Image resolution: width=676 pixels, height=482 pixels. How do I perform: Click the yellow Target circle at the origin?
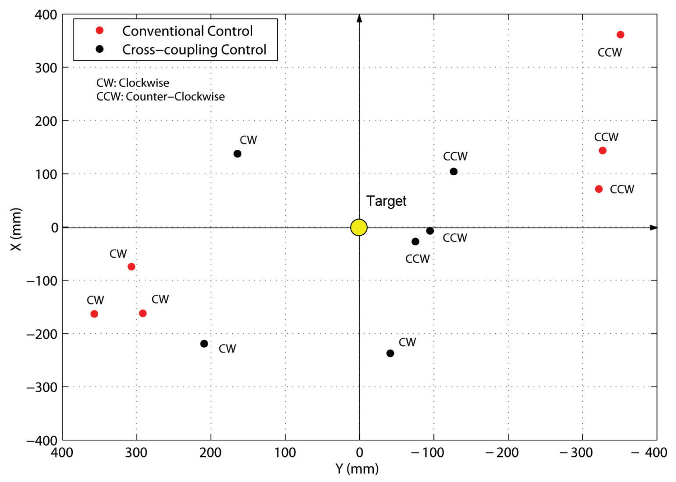coord(359,227)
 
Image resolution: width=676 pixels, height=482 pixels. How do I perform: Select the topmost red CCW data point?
coord(620,35)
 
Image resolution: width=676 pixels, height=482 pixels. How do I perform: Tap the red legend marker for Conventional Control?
coord(100,30)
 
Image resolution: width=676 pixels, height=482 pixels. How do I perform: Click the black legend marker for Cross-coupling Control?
coord(100,49)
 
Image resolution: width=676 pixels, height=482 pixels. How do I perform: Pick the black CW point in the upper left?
coord(237,154)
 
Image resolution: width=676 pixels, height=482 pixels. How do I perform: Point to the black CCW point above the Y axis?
coord(453,171)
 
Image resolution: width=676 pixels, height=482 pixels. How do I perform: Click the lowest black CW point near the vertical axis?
coord(390,353)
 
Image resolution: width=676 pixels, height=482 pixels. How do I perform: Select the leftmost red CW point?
coord(94,314)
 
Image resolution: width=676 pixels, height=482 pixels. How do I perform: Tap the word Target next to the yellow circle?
coord(386,201)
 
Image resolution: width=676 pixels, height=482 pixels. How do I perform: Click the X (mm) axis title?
coord(16,229)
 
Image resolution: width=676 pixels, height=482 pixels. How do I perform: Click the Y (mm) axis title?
coord(357,469)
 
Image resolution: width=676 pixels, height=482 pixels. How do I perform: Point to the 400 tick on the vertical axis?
coord(46,15)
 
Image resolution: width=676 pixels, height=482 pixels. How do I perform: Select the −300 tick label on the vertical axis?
coord(42,387)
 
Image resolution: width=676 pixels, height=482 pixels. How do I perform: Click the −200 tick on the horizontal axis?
coord(502,452)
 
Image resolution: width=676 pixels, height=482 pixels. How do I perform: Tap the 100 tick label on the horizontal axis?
coord(285,452)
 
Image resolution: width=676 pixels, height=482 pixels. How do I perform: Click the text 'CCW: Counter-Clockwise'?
coord(160,97)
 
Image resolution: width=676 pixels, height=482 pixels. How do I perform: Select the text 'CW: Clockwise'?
coord(133,83)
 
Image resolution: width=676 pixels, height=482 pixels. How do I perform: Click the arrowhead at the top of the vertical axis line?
coord(359,18)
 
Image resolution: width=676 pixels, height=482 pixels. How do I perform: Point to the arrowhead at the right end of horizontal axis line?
coord(653,227)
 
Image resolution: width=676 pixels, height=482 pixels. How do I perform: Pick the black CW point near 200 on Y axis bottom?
coord(204,343)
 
